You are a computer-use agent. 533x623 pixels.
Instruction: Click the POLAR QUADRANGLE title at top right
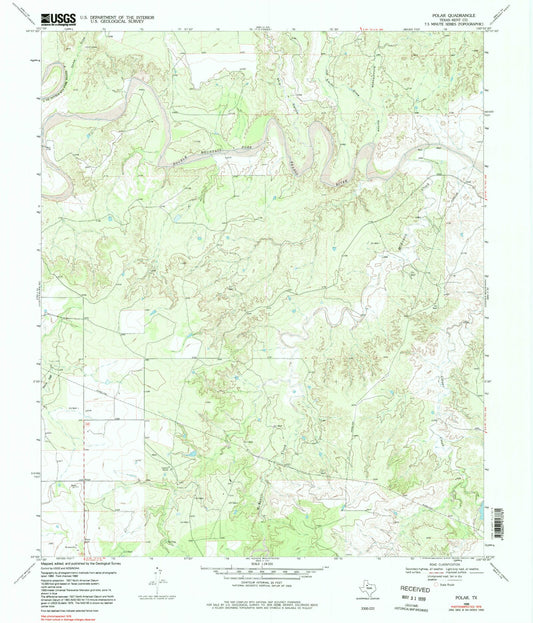(x=459, y=15)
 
